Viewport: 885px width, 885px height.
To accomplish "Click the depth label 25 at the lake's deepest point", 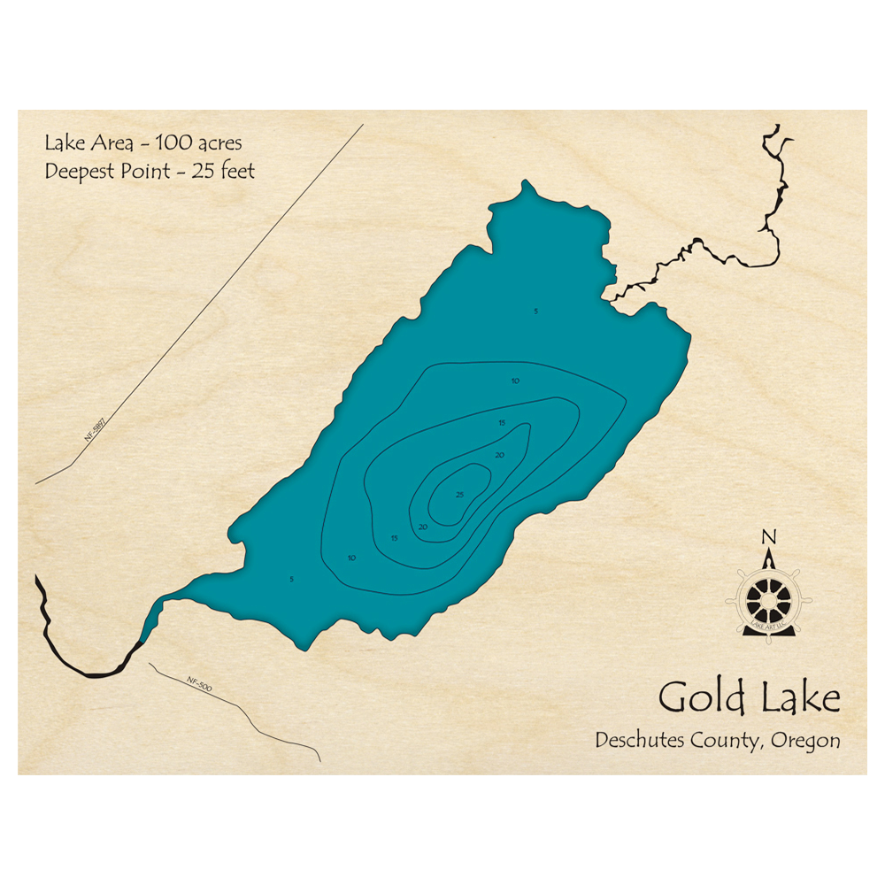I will click(x=458, y=495).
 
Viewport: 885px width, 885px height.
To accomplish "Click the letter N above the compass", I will click(x=768, y=537).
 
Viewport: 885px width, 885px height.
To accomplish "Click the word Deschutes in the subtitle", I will click(x=637, y=741).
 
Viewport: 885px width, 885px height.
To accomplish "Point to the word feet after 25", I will click(x=235, y=171).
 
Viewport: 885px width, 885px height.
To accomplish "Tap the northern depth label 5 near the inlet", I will click(x=535, y=311).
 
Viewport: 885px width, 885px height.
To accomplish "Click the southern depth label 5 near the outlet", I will click(x=291, y=579).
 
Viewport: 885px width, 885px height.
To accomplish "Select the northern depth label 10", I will click(x=515, y=381).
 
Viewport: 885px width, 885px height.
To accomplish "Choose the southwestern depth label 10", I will click(x=352, y=558).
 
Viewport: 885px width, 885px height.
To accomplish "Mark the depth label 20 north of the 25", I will click(x=500, y=455).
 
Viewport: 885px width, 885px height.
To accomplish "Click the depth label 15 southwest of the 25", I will click(x=395, y=538).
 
